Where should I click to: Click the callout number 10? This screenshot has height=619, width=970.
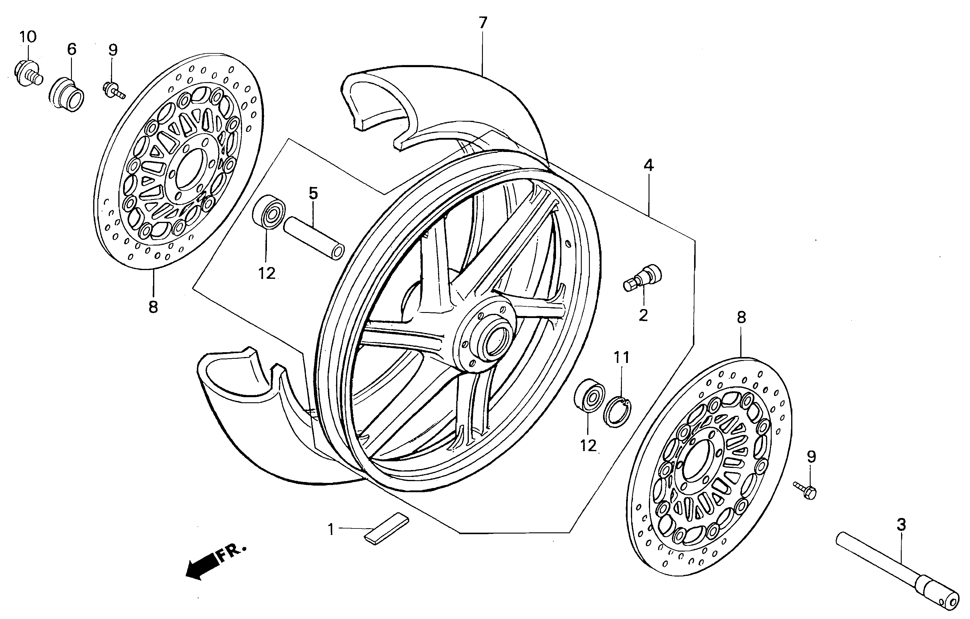click(x=28, y=37)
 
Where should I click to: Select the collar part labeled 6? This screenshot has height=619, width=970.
click(x=67, y=94)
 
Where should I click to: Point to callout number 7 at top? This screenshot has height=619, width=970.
click(x=483, y=23)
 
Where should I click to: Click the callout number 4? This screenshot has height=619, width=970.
click(x=648, y=165)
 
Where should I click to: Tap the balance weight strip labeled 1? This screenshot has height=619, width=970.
click(x=386, y=529)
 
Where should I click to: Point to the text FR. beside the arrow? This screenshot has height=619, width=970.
click(x=231, y=554)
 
